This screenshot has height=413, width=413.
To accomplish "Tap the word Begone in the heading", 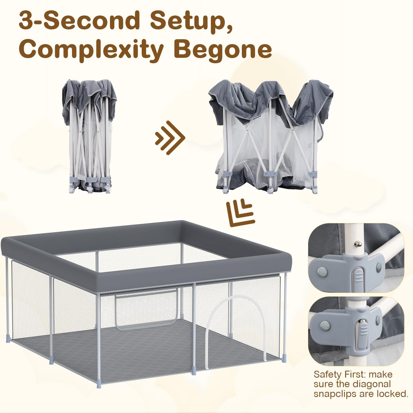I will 223,50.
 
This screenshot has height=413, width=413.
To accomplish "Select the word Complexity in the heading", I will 91,50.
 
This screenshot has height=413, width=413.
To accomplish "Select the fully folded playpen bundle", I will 89,136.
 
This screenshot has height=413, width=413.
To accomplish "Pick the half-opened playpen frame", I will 270,136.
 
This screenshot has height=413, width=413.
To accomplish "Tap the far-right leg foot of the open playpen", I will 284,359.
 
